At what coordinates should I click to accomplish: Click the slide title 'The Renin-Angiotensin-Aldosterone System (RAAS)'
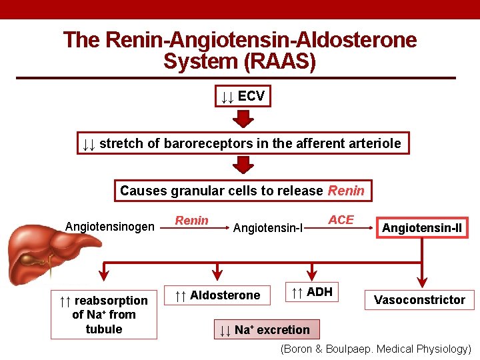click(x=240, y=51)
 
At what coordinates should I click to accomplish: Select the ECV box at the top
click(x=243, y=97)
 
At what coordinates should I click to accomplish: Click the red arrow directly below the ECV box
click(x=243, y=119)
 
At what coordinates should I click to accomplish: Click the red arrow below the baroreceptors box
click(x=243, y=165)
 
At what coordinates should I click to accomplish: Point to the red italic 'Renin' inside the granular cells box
click(x=346, y=191)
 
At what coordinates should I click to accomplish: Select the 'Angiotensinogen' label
click(x=109, y=227)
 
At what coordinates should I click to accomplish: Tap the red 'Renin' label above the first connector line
click(x=191, y=221)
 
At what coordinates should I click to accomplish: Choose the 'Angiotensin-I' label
click(x=267, y=229)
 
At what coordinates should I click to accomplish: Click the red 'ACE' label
click(x=341, y=220)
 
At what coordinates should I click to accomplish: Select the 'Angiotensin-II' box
click(x=421, y=229)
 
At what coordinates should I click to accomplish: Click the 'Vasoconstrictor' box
click(x=419, y=300)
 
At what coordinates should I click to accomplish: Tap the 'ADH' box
click(x=311, y=291)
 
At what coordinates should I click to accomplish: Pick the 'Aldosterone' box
click(x=217, y=295)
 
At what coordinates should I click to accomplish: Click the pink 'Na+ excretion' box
click(x=265, y=329)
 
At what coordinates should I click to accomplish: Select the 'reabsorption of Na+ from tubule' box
click(x=104, y=315)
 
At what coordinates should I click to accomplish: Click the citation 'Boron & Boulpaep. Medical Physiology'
click(x=375, y=349)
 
